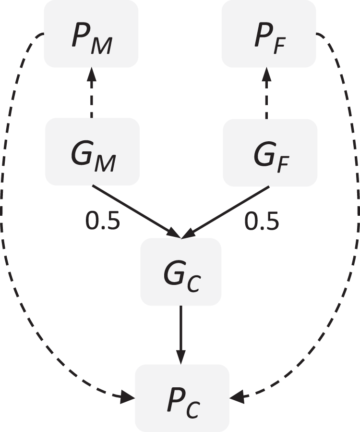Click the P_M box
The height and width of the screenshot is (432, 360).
point(91,34)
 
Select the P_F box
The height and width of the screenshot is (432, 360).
point(268,34)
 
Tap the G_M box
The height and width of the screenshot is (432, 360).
point(92,152)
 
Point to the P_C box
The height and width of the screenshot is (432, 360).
point(182,398)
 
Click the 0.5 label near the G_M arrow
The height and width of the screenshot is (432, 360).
point(102,221)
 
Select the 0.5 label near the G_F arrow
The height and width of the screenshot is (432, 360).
point(262,221)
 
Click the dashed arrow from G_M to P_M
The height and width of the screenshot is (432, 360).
point(92,96)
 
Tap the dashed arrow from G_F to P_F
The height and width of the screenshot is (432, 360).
point(267,96)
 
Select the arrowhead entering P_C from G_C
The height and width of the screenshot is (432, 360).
point(180,358)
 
